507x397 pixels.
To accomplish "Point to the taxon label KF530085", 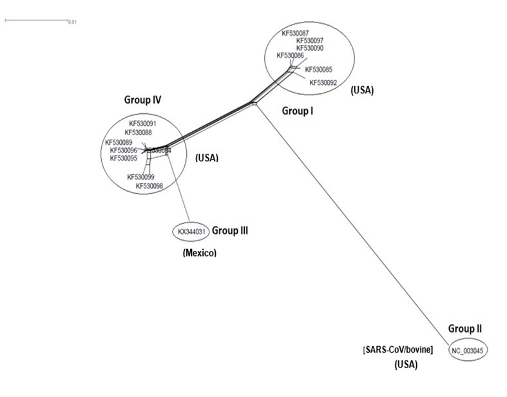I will click(318, 69).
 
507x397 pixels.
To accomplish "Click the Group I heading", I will click(298, 111).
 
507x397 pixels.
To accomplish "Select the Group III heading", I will click(230, 230).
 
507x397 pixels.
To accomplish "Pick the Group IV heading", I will click(142, 100).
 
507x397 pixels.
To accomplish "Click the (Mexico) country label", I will click(200, 254).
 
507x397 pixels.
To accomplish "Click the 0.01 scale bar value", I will click(73, 22).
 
